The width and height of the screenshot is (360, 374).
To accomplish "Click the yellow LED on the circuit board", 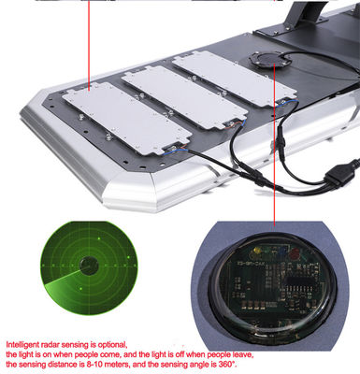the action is [258, 251].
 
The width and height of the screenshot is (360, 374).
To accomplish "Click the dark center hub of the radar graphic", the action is [89, 266].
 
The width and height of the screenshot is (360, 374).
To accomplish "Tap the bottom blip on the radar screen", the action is [81, 289].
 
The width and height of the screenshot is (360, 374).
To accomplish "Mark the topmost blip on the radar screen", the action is [99, 238].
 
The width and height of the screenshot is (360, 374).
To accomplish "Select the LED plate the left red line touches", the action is [126, 118].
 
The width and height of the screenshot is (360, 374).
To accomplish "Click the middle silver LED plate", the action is [184, 96].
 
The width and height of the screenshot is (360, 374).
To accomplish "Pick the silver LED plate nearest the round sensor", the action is [235, 80].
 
